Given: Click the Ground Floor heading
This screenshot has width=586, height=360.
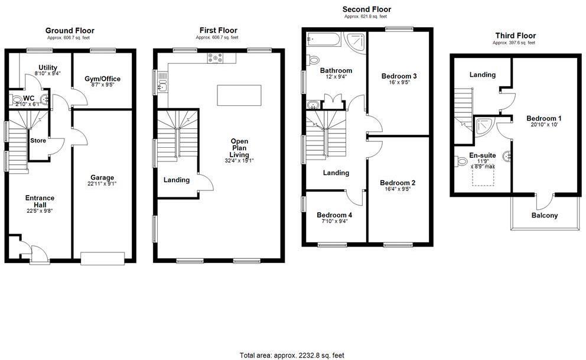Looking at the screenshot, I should pyautogui.click(x=70, y=31).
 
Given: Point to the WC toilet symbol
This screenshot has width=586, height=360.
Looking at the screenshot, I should pyautogui.click(x=17, y=100).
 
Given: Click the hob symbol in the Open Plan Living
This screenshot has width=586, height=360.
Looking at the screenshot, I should pyautogui.click(x=214, y=58).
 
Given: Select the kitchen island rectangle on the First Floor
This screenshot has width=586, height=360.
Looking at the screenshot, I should pyautogui.click(x=239, y=95).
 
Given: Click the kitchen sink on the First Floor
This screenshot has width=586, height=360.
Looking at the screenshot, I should pyautogui.click(x=164, y=87).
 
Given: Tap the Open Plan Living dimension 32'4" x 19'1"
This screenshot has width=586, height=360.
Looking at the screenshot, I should pyautogui.click(x=239, y=161).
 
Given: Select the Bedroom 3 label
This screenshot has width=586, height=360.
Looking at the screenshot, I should pyautogui.click(x=399, y=76).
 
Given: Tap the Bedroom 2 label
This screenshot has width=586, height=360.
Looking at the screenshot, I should pyautogui.click(x=397, y=183).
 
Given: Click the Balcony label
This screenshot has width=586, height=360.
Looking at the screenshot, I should pyautogui.click(x=544, y=215).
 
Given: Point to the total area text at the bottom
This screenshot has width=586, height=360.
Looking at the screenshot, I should pyautogui.click(x=292, y=355).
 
